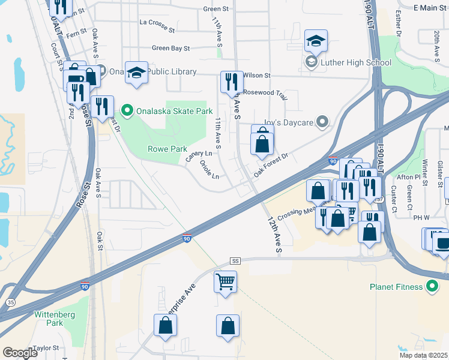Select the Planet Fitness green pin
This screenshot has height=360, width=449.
[432, 286]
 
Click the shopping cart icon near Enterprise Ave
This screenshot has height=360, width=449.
[225, 281]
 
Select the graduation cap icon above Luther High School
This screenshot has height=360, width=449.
[316, 41]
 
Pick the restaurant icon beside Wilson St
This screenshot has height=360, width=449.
[231, 82]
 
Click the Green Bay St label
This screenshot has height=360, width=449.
[170, 48]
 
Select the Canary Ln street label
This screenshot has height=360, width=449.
[199, 157]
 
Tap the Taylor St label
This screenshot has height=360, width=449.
[46, 348]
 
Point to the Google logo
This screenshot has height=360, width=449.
[20, 353]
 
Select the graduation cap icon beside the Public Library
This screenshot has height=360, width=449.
[137, 73]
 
